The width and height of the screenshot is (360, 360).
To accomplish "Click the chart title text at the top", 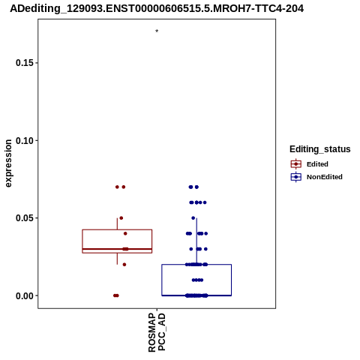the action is click(157, 9).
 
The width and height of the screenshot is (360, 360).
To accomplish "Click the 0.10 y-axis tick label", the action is click(25, 141).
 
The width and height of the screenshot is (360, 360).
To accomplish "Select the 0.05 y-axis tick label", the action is click(25, 218).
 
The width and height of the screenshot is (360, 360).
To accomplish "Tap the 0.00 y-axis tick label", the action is click(25, 296).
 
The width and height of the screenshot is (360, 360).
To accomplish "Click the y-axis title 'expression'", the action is click(8, 163).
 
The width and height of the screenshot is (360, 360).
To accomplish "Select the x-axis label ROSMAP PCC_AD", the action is click(157, 333).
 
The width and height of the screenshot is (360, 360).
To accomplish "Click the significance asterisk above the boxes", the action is click(157, 31).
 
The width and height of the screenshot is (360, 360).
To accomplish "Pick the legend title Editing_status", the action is click(320, 149).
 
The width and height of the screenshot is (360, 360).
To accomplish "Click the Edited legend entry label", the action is click(317, 164).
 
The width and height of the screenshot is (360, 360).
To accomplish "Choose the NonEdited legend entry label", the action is click(325, 177).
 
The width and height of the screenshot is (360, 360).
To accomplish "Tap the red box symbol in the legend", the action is click(296, 164).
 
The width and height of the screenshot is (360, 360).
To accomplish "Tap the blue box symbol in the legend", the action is click(296, 177).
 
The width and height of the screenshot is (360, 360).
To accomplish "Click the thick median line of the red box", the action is click(117, 249).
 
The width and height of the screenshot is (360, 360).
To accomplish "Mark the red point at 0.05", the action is click(121, 218).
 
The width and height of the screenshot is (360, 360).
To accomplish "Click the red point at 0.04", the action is click(125, 233).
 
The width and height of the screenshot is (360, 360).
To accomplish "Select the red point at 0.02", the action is click(124, 265).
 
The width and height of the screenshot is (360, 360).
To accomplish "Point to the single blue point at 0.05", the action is click(193, 218).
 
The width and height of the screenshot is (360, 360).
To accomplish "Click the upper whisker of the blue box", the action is click(196, 241).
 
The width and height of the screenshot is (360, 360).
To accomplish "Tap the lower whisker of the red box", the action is click(117, 259).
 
